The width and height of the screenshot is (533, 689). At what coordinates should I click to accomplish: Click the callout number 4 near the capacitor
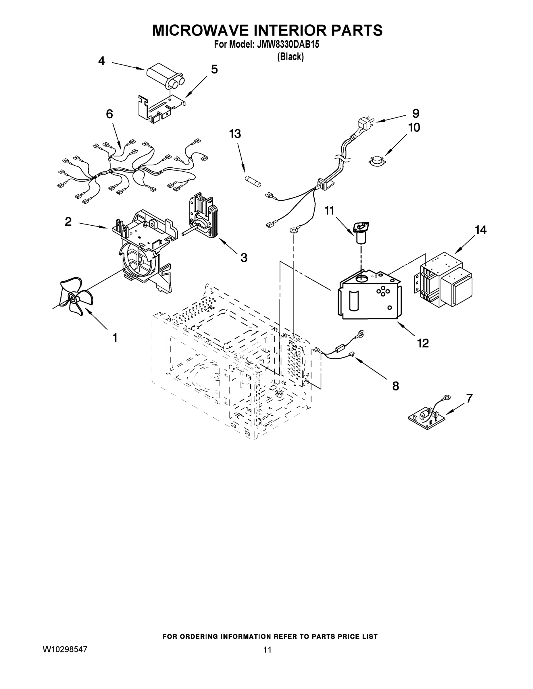(101, 61)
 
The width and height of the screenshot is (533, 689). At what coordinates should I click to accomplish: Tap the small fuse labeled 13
(253, 182)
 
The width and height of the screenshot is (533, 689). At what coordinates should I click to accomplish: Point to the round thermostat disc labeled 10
(377, 160)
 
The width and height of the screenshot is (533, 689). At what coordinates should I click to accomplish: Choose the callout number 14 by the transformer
(480, 230)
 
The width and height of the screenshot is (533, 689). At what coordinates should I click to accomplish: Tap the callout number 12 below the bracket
(423, 343)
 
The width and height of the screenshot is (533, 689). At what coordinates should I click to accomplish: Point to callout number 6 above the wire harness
(109, 114)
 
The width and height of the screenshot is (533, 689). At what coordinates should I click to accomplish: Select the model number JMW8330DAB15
(288, 45)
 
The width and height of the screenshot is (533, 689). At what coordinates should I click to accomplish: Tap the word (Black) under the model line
(290, 57)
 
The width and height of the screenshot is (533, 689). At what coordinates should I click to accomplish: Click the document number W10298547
(65, 649)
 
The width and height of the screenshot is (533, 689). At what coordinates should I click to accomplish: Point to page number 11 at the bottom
(267, 649)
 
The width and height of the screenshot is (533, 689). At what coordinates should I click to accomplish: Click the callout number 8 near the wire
(395, 386)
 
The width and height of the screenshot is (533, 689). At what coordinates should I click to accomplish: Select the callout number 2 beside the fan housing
(68, 222)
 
